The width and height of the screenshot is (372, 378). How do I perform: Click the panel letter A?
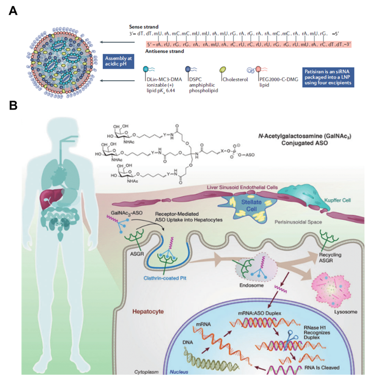[13, 9]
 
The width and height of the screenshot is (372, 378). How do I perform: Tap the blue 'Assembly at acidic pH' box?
[118, 61]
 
